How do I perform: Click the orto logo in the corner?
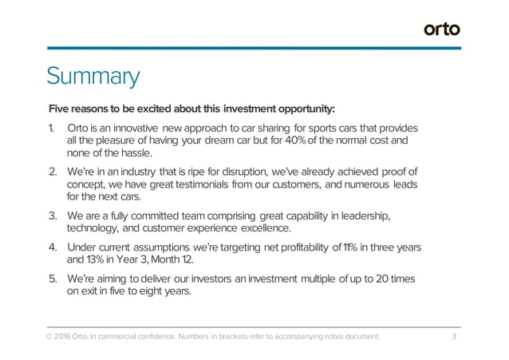(x=441, y=30)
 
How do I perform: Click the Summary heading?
(x=93, y=77)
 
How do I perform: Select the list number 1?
(x=51, y=129)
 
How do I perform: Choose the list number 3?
(x=52, y=215)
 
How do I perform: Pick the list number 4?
(x=52, y=247)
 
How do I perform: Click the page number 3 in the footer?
(x=453, y=337)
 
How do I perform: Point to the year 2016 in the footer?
(x=66, y=337)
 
